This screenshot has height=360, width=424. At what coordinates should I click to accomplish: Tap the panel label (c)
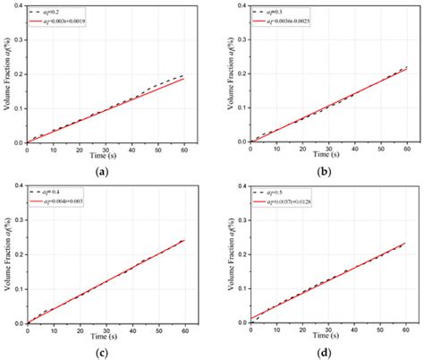pos(106,352)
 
